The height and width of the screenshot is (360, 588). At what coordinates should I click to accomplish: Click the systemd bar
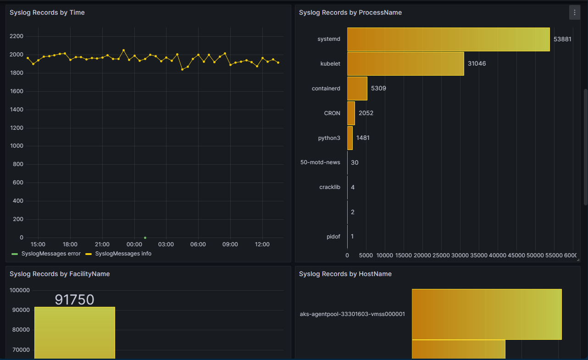[x=448, y=39]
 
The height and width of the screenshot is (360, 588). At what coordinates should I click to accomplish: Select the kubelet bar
[x=405, y=64]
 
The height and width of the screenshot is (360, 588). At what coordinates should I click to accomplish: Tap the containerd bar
[x=357, y=89]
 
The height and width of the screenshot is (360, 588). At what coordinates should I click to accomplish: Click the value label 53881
[x=562, y=39]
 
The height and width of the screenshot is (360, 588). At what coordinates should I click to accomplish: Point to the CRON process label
[x=332, y=113]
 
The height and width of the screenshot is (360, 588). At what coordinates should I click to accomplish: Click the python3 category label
[x=329, y=138]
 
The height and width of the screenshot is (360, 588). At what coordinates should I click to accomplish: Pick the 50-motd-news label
[x=320, y=162]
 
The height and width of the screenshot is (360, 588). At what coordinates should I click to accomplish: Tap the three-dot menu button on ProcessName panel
[x=575, y=12]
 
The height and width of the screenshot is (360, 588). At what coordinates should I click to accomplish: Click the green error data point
[x=145, y=238]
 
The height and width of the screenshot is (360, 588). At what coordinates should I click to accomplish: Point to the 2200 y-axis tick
[x=16, y=36]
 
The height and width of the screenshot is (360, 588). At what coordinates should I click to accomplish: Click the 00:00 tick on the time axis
[x=134, y=244]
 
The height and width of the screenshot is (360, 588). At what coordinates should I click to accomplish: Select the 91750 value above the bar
[x=74, y=300]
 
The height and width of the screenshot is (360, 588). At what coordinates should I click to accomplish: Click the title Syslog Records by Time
[x=47, y=12]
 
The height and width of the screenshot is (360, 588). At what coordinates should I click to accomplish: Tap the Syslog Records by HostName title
[x=345, y=274]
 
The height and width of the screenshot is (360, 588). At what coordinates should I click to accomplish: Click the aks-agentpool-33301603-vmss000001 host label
[x=352, y=314]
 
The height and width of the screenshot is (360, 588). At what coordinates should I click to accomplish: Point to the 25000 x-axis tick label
[x=441, y=255]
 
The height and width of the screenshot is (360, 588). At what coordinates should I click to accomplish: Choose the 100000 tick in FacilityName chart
[x=20, y=290]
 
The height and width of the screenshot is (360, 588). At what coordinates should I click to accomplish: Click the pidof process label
[x=333, y=237]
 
